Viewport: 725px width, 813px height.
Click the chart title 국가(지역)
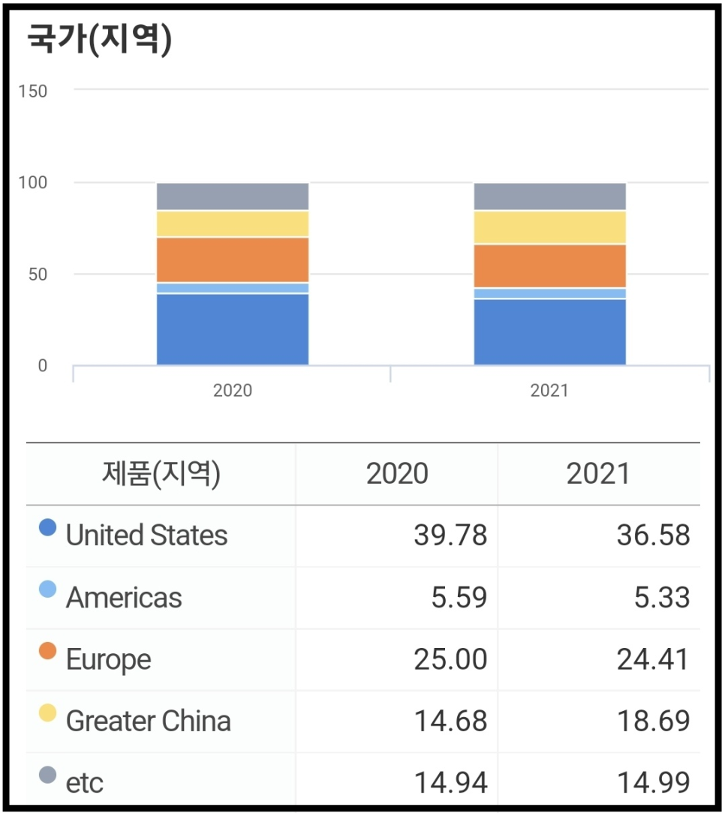99,39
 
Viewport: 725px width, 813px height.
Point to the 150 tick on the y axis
33,91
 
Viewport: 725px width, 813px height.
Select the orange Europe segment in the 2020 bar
233,259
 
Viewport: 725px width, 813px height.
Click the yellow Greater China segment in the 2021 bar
549,227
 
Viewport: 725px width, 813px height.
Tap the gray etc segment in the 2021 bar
549,196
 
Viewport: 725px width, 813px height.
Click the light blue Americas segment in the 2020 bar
233,288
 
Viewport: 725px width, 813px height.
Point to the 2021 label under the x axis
549,391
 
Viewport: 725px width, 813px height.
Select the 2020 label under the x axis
233,391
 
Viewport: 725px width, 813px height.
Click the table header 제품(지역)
161,474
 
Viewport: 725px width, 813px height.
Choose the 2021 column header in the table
598,474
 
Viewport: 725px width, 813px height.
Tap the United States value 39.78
450,535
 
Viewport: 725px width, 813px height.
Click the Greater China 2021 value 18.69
653,721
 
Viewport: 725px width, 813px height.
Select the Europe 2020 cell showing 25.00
450,659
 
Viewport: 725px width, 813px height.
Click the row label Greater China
148,721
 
